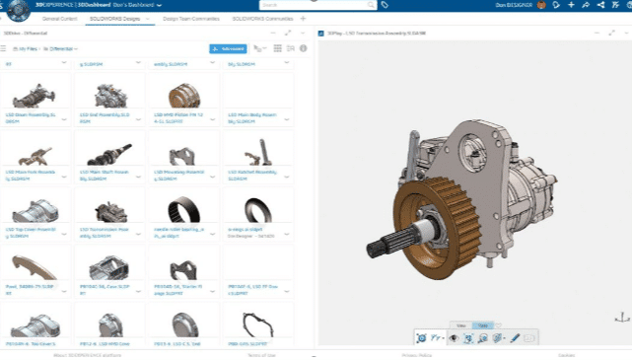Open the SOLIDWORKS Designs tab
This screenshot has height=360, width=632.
tap(115, 19)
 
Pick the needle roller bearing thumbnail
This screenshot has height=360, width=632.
tap(183, 209)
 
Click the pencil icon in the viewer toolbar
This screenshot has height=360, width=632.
tap(514, 338)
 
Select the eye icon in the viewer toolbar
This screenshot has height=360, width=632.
tap(455, 338)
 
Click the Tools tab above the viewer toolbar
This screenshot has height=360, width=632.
tap(481, 324)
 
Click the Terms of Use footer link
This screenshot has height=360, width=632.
tap(261, 355)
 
